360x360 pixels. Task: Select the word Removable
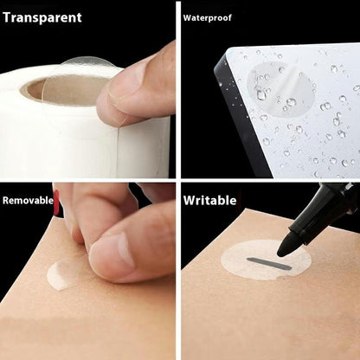coord(27,201)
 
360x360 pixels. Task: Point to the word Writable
coord(209,201)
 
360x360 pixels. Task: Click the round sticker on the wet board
coord(275,92)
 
